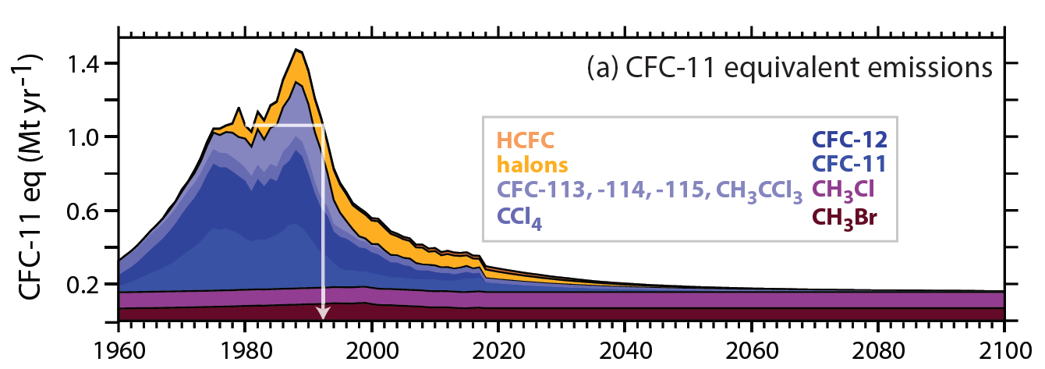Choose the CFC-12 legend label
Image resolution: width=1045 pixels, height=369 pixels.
[849, 140]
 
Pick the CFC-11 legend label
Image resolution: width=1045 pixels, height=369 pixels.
[849, 165]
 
